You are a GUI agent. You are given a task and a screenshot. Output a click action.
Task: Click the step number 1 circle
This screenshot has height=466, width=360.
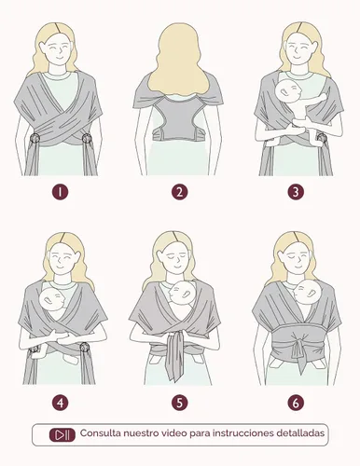pyautogui.click(x=60, y=192)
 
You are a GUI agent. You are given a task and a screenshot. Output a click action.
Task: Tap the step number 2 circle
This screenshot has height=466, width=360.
pyautogui.click(x=179, y=192)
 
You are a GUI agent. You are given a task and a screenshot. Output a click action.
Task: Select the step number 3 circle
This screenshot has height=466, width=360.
pyautogui.click(x=296, y=192)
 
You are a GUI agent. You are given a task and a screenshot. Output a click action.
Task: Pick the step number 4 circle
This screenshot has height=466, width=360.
pyautogui.click(x=60, y=403)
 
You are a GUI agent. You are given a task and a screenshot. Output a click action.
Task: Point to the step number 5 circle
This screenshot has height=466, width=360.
pyautogui.click(x=179, y=403)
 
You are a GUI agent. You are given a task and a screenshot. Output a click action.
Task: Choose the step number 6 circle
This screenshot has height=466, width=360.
pyautogui.click(x=296, y=403)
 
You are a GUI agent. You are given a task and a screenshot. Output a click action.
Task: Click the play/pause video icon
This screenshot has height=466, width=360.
pyautogui.click(x=62, y=434)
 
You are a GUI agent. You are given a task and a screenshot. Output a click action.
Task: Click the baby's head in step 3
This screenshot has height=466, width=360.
pyautogui.click(x=288, y=91)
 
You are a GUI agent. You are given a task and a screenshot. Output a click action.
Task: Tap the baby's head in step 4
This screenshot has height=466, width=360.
pyautogui.click(x=52, y=299)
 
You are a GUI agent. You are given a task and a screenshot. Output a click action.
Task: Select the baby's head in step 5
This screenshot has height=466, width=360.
pyautogui.click(x=183, y=294)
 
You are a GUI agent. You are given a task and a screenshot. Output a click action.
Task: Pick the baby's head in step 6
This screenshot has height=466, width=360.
pyautogui.click(x=307, y=292)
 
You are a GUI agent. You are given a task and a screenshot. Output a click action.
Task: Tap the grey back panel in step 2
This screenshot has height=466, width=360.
pyautogui.click(x=178, y=117)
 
